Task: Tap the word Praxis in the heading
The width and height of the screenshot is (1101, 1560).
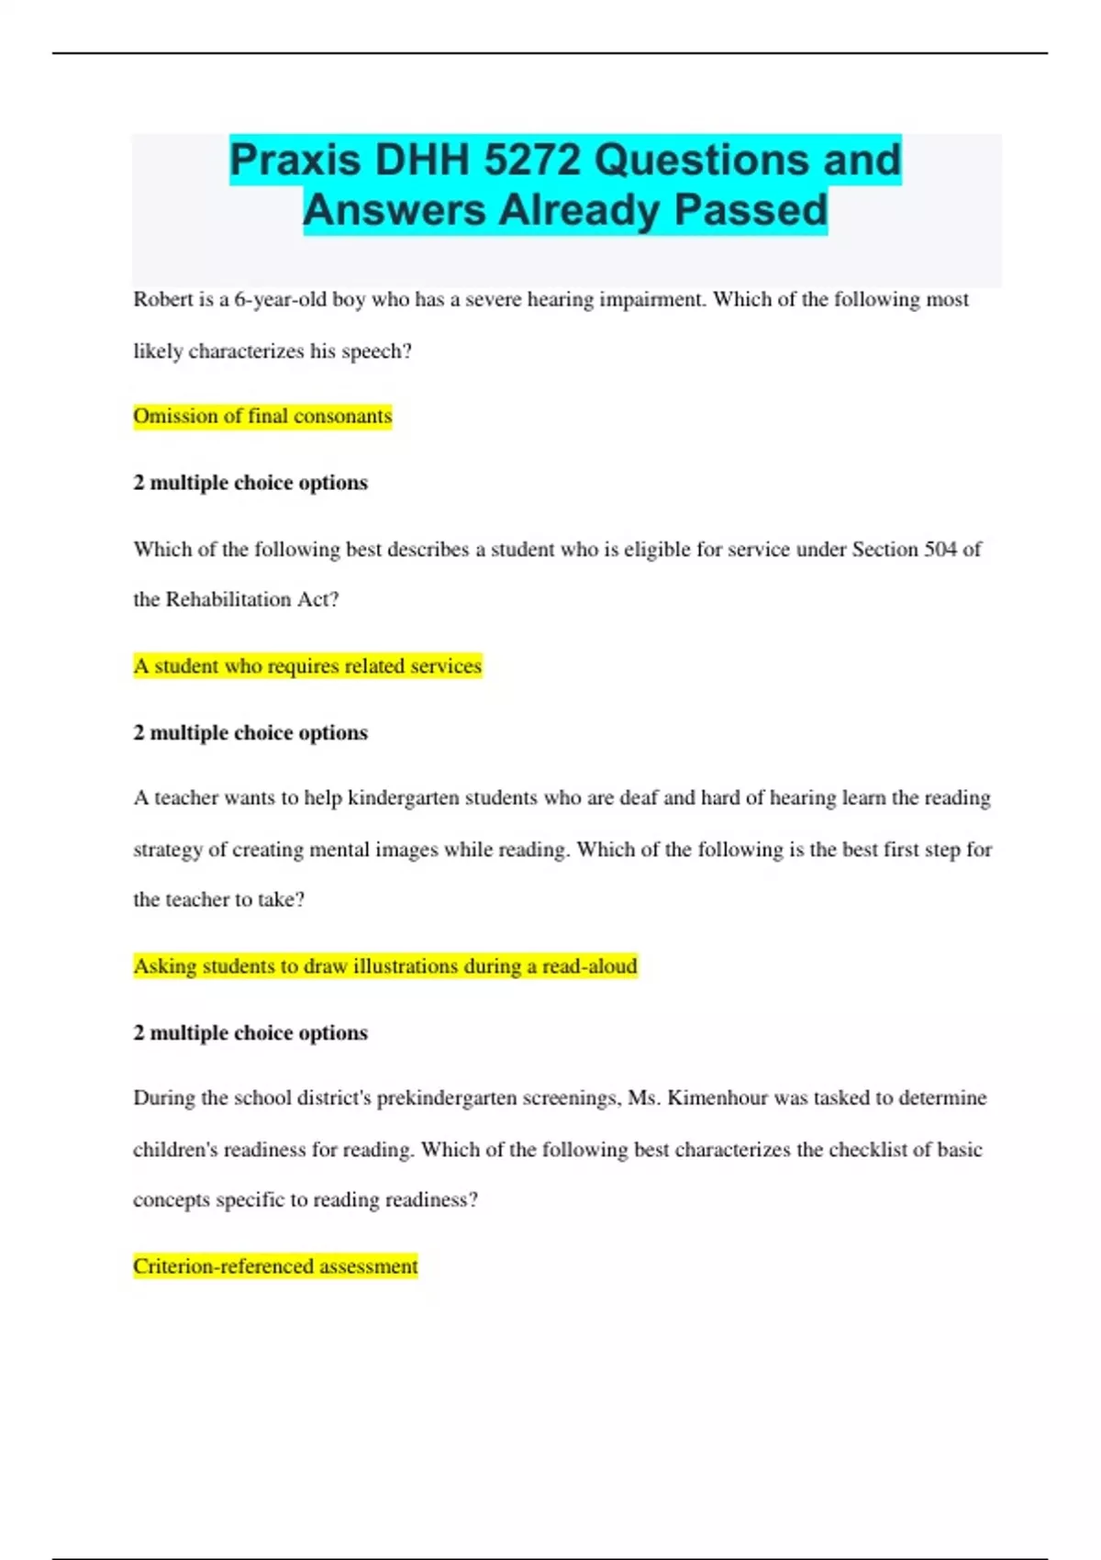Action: coord(295,160)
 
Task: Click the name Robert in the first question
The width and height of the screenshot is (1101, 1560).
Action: coord(163,299)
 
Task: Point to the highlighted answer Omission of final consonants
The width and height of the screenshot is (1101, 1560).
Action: coord(262,416)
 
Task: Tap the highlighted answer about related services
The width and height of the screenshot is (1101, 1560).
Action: coord(307,665)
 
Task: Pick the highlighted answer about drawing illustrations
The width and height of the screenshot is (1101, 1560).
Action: coord(385,965)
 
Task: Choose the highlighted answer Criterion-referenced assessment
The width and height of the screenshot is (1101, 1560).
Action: coord(275,1265)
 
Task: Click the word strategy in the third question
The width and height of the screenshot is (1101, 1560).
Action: coord(168,849)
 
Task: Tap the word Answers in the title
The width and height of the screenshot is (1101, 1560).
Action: coord(394,209)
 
